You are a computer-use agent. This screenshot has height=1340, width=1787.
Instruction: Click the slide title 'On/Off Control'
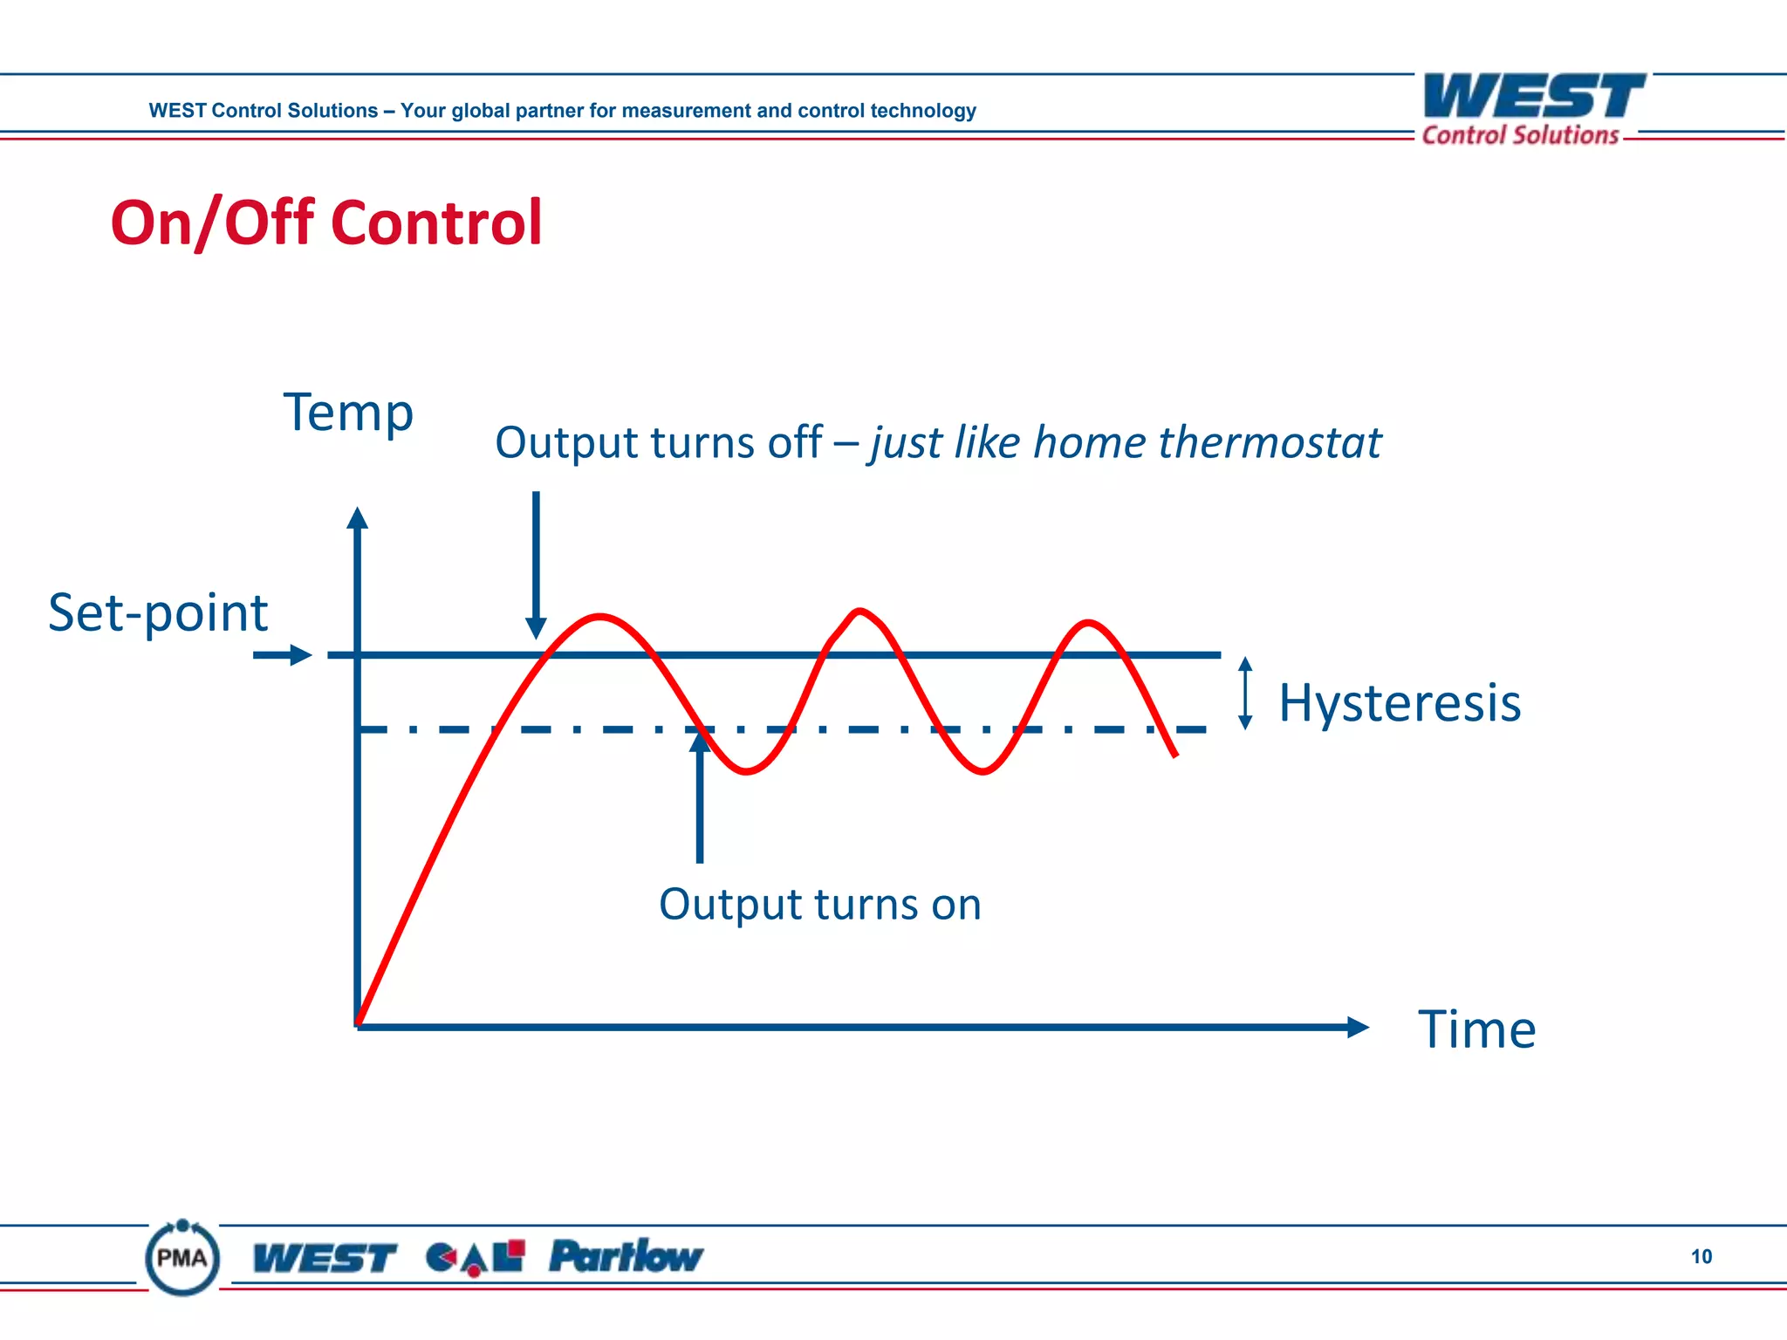click(326, 222)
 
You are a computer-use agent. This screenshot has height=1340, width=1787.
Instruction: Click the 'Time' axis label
click(1476, 1029)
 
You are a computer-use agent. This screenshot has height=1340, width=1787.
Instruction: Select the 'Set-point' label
click(158, 612)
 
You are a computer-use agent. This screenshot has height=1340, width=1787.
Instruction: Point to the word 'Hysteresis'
click(1400, 703)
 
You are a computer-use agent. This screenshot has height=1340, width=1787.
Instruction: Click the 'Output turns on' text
click(819, 905)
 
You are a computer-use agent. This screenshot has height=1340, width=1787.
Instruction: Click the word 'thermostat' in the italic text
click(1270, 442)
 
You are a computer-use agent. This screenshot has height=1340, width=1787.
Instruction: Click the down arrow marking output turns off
click(536, 567)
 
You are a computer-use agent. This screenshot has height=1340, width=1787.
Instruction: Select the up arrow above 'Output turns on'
click(700, 794)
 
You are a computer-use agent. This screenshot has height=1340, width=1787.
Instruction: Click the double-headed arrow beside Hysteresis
click(1246, 693)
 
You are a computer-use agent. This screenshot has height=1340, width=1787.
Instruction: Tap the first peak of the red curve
click(600, 617)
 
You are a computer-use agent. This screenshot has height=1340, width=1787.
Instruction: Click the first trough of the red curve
click(747, 771)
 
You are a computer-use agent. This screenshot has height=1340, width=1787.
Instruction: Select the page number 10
click(1701, 1256)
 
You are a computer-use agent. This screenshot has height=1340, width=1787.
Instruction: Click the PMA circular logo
click(182, 1258)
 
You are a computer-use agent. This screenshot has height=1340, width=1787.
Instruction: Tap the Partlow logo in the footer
click(626, 1256)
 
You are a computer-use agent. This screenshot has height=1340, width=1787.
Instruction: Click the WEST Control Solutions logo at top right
click(1533, 109)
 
